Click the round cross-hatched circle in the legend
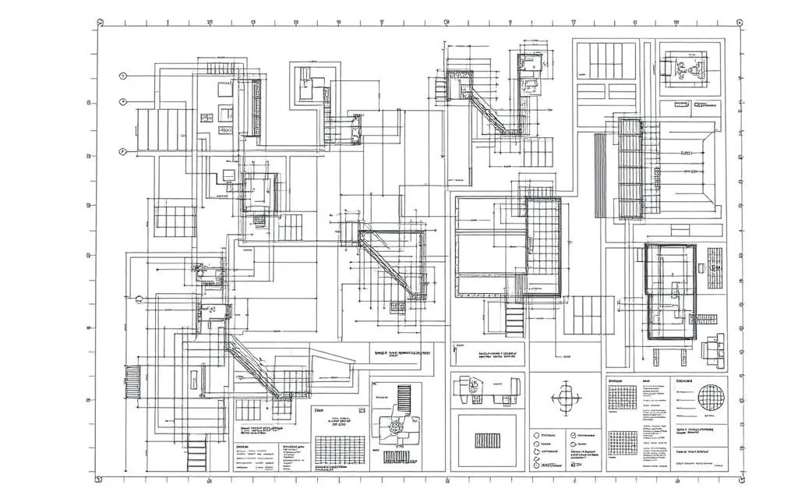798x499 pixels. click(x=710, y=396)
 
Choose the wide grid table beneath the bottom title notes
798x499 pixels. click(x=339, y=449)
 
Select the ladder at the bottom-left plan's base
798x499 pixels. click(x=198, y=452)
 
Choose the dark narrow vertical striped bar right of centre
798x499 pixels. click(x=598, y=175)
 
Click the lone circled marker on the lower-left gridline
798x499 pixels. click(x=139, y=299)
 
